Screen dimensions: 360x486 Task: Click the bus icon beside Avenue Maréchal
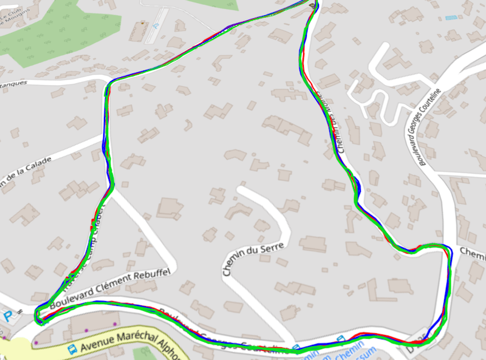pyautogui.click(x=72, y=349)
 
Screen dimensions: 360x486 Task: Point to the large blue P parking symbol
pyautogui.click(x=8, y=316)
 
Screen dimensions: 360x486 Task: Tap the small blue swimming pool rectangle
pyautogui.click(x=451, y=18)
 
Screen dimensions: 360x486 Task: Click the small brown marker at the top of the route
pyautogui.click(x=313, y=5)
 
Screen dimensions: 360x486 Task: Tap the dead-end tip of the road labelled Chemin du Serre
pyautogui.click(x=242, y=190)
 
